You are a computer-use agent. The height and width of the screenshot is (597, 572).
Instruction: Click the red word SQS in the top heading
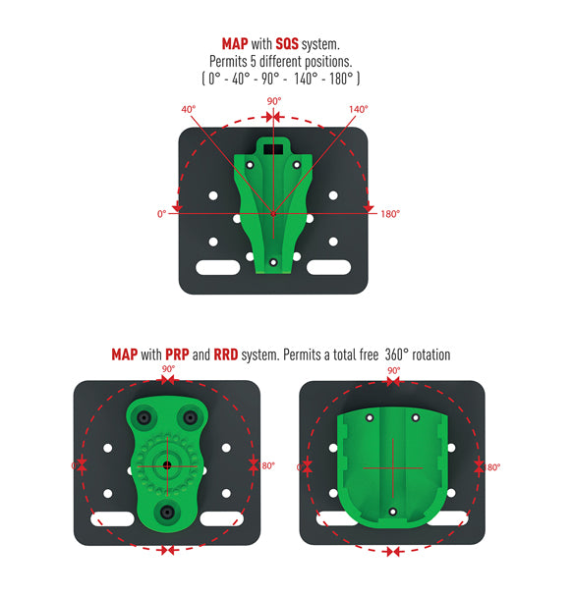click(287, 44)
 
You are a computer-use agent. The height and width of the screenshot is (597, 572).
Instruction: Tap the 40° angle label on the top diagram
click(189, 109)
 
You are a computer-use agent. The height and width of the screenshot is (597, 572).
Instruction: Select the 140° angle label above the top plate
click(358, 109)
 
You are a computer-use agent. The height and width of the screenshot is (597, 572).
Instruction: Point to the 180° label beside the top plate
click(390, 214)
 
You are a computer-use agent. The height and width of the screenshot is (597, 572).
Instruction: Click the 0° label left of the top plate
click(162, 214)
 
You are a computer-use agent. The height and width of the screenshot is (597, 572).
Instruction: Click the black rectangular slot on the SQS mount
click(273, 149)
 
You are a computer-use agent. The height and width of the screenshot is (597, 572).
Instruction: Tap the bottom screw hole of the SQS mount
click(273, 262)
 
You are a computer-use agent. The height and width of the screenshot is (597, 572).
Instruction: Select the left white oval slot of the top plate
click(218, 267)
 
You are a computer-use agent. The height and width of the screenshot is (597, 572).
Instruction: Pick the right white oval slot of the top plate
click(328, 267)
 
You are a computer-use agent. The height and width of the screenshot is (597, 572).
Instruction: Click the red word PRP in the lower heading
click(177, 354)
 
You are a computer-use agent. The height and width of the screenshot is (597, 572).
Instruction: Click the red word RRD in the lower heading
click(226, 354)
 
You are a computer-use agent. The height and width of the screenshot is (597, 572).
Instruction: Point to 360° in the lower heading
click(397, 354)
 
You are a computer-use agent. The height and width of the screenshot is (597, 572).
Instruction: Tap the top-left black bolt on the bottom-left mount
click(143, 417)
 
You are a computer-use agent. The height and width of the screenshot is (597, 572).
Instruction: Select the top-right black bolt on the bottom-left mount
click(190, 417)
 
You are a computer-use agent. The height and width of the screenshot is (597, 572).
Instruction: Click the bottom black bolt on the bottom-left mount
click(167, 513)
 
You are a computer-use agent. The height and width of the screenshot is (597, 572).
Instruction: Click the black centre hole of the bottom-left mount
click(167, 464)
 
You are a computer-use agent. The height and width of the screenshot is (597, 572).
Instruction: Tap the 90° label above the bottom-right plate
click(394, 370)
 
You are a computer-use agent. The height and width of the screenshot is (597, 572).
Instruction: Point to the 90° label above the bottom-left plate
click(168, 369)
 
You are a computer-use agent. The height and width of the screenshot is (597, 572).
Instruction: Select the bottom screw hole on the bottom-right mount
click(393, 512)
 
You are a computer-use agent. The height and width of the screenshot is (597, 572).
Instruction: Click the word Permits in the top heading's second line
click(228, 62)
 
